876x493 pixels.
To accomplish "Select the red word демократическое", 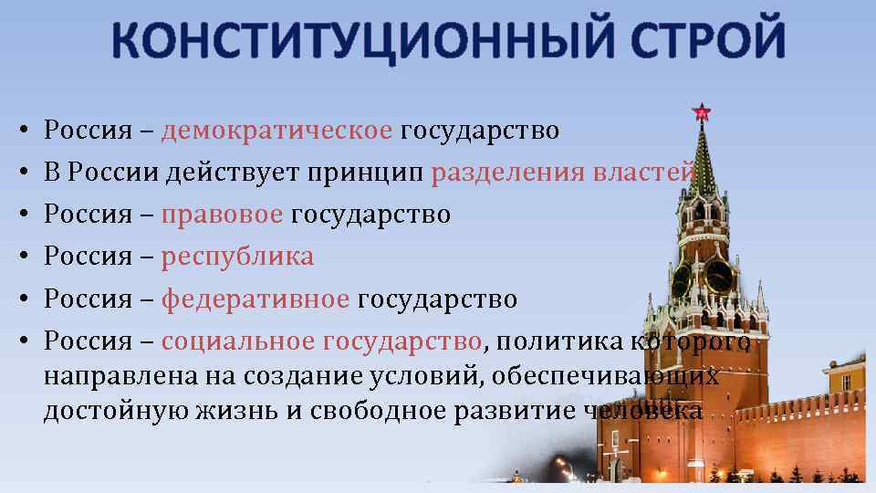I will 276,131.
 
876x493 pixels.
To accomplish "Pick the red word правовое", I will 222,215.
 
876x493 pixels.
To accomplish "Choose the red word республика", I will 237,257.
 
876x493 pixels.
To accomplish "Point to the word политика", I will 556,341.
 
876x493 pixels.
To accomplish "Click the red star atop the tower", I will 701,112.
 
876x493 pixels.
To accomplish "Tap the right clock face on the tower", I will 718,275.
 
